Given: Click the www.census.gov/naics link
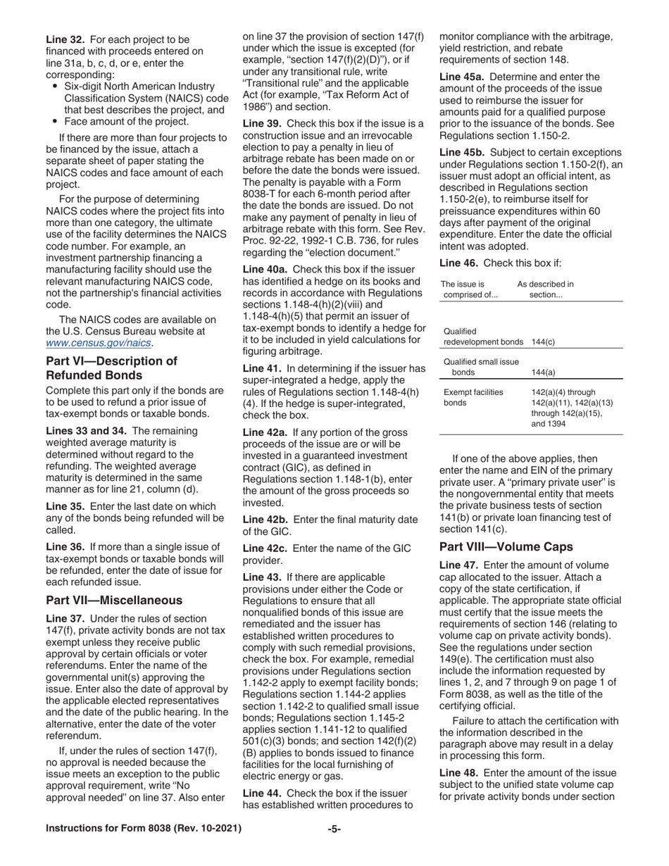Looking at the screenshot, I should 99,343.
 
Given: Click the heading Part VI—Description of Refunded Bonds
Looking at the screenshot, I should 111,368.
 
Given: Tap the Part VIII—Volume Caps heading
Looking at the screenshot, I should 506,546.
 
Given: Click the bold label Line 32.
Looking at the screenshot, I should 65,39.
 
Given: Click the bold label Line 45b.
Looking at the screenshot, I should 462,152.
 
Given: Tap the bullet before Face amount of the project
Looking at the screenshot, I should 56,121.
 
